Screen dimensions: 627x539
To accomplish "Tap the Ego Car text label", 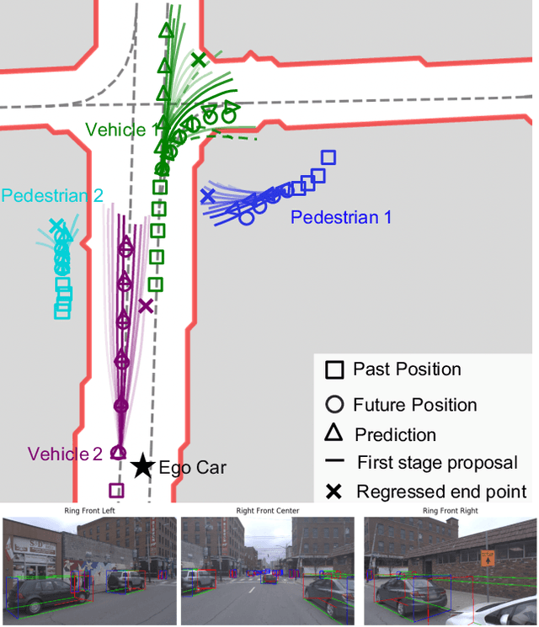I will [x=193, y=467].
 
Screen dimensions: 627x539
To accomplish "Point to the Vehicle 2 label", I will [x=65, y=454].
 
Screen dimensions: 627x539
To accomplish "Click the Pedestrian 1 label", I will [x=341, y=217].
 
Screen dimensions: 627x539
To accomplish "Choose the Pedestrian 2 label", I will [x=52, y=195].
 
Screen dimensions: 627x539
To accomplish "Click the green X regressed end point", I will [x=198, y=60].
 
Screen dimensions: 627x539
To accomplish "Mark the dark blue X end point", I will [x=207, y=196].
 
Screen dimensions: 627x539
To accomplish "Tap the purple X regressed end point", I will [x=146, y=306].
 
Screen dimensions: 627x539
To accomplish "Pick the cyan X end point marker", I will [x=56, y=226].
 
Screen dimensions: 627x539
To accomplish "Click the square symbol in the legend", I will [x=334, y=369].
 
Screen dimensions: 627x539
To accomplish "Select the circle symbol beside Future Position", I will [x=334, y=404].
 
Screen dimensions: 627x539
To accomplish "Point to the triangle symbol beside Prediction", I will [x=334, y=433].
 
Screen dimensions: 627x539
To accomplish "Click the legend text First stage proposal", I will [x=436, y=462].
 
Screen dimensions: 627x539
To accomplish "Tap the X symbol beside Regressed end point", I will [x=334, y=492].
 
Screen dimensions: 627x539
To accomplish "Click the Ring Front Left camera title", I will [x=90, y=510].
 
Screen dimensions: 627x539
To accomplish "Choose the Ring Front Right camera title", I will [x=449, y=510].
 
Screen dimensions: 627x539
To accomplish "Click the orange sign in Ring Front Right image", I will [x=488, y=558].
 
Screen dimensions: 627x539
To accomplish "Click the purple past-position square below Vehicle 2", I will [x=116, y=490].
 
